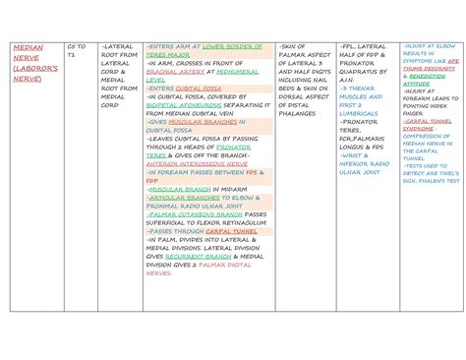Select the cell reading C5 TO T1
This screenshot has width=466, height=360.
coord(76,51)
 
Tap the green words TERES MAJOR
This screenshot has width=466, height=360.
coord(169,55)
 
